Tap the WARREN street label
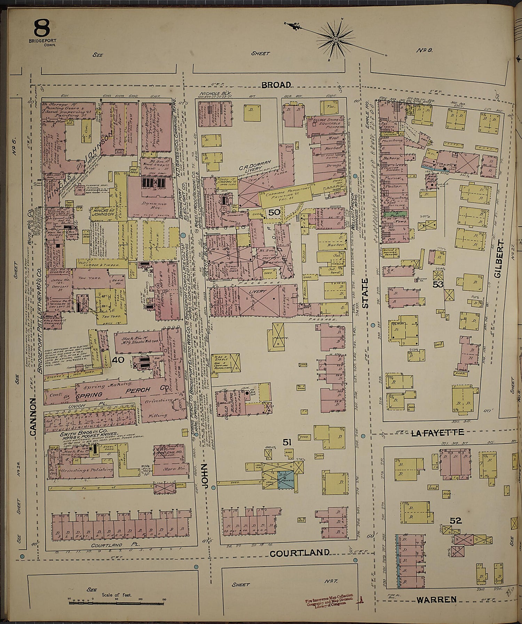[x=436, y=599]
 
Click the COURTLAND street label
[x=300, y=552]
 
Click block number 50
[x=274, y=212]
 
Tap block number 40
[x=118, y=360]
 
